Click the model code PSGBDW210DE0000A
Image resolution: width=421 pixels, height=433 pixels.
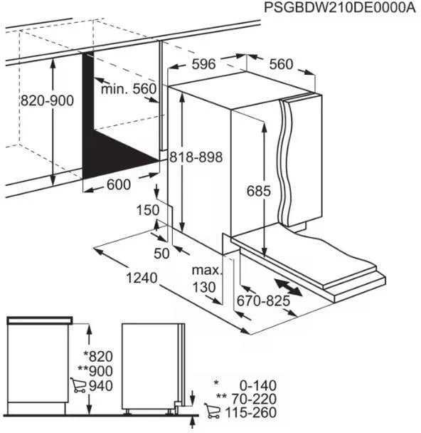pyautogui.click(x=339, y=8)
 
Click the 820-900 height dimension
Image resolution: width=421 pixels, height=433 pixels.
pyautogui.click(x=48, y=101)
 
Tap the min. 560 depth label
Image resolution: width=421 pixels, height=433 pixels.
pyautogui.click(x=128, y=89)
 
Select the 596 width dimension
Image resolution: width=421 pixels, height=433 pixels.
pyautogui.click(x=203, y=65)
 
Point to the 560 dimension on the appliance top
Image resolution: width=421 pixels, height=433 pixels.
pyautogui.click(x=281, y=65)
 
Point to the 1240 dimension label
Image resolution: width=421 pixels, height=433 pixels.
pyautogui.click(x=140, y=278)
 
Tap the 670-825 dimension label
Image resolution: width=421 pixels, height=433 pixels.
pyautogui.click(x=265, y=301)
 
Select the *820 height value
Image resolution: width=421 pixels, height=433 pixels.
pyautogui.click(x=97, y=356)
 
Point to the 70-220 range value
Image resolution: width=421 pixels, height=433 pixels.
pyautogui.click(x=252, y=399)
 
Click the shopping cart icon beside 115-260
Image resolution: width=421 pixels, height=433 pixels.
pyautogui.click(x=211, y=412)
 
